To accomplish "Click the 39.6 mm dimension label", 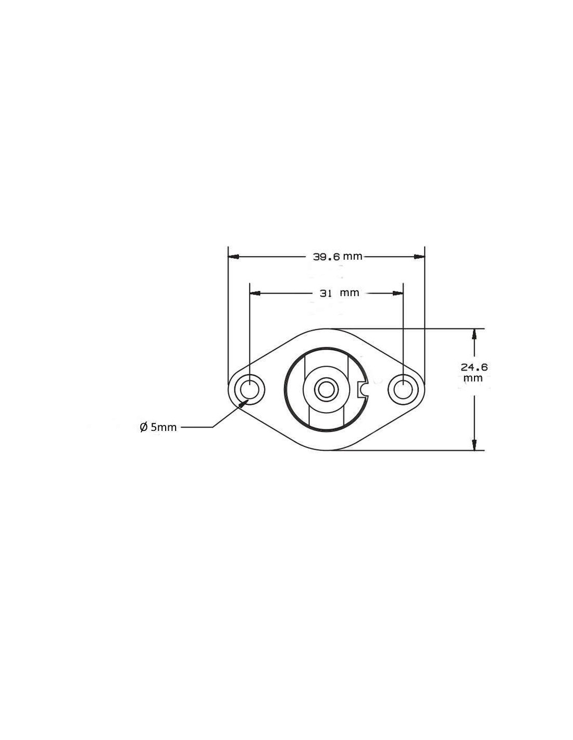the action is pyautogui.click(x=337, y=256).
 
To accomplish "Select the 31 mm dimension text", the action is pyautogui.click(x=340, y=293).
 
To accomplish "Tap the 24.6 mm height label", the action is pyautogui.click(x=474, y=372).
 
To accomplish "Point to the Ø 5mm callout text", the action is pyautogui.click(x=158, y=427).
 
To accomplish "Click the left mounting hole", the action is pyautogui.click(x=250, y=389).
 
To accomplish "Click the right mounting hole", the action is pyautogui.click(x=403, y=389).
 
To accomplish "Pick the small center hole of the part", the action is pyautogui.click(x=326, y=389).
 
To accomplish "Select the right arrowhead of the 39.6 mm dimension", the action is pyautogui.click(x=419, y=257).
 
